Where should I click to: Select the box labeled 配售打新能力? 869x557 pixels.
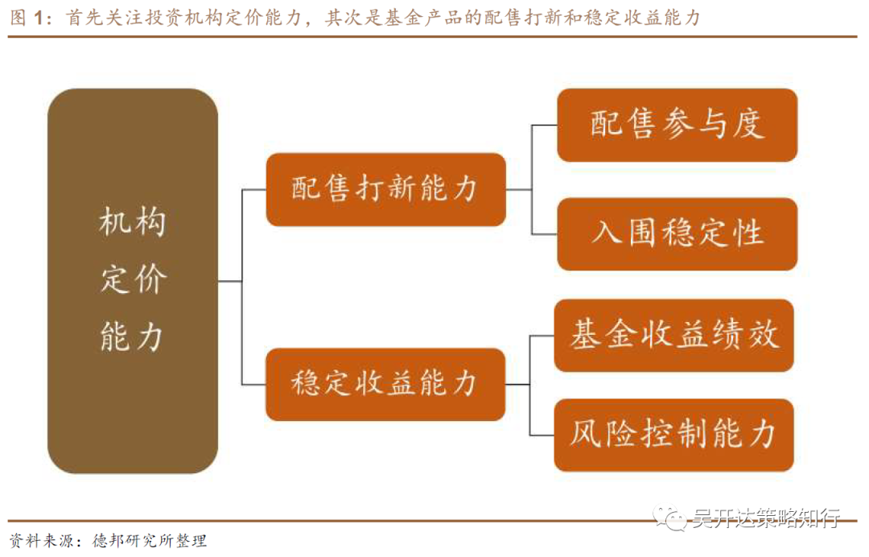tap(385, 190)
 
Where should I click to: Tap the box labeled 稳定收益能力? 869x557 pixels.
tap(385, 384)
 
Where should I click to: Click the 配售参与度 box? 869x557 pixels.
tap(677, 125)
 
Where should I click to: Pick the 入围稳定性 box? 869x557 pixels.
tap(677, 234)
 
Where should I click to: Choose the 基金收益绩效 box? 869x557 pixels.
tap(674, 336)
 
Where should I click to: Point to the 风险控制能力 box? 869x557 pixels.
tap(674, 435)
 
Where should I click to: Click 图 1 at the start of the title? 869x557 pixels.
tap(26, 19)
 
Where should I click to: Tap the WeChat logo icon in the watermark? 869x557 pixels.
tap(669, 519)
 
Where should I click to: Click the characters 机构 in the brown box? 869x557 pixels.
tap(133, 223)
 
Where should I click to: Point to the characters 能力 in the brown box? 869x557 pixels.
tap(133, 336)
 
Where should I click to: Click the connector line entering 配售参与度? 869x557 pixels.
tap(545, 126)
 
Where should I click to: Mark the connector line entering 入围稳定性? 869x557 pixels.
tap(545, 234)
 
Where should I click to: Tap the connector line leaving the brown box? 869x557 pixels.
tap(230, 281)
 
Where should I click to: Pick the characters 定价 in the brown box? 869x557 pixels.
tap(133, 280)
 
